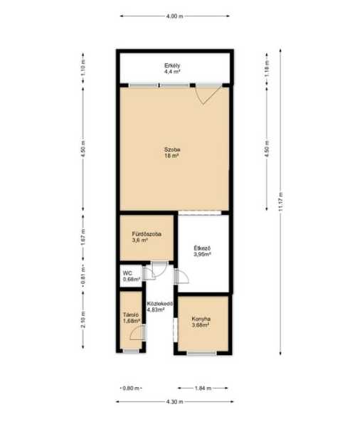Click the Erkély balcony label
click(172, 65)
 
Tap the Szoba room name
click(172, 149)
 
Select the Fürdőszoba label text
click(147, 234)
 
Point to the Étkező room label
click(202, 248)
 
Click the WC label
click(127, 273)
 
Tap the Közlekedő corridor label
click(160, 304)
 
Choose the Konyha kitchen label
click(201, 319)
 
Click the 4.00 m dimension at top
click(174, 16)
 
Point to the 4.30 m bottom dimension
click(174, 401)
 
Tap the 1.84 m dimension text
click(203, 388)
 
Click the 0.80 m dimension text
click(131, 388)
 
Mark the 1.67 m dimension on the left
click(83, 237)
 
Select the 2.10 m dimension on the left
click(83, 320)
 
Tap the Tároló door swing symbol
click(137, 333)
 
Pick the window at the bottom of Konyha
click(201, 354)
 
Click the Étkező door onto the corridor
click(181, 277)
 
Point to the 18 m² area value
click(171, 156)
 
